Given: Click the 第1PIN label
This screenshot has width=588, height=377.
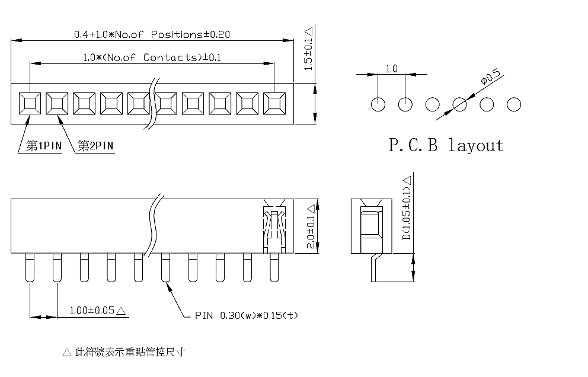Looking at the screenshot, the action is (x=44, y=146).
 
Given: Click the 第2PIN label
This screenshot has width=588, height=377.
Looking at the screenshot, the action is (x=95, y=146).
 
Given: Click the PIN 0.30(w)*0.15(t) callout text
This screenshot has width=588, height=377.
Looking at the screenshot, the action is (x=247, y=315).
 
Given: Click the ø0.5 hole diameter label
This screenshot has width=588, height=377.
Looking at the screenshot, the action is (x=491, y=76).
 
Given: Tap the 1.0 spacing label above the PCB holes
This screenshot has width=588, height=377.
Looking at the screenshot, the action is (x=391, y=69).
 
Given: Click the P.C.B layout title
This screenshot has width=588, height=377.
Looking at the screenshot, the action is (x=446, y=145).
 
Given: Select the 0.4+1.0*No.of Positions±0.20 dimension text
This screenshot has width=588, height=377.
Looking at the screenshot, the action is (x=152, y=34).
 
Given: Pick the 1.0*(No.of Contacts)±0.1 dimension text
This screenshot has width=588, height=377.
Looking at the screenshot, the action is (x=152, y=57).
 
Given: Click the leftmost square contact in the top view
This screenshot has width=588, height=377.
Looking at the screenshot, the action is (x=30, y=104).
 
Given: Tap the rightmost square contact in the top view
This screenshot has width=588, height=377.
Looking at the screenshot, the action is (x=274, y=104).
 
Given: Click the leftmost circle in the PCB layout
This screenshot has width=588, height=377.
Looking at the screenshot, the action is (x=378, y=104).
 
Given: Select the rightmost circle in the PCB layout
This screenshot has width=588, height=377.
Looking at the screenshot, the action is (x=514, y=104).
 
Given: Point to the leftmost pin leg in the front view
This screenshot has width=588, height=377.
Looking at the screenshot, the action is (x=30, y=267).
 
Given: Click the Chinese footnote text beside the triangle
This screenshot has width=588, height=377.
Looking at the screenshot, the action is (x=130, y=352).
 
